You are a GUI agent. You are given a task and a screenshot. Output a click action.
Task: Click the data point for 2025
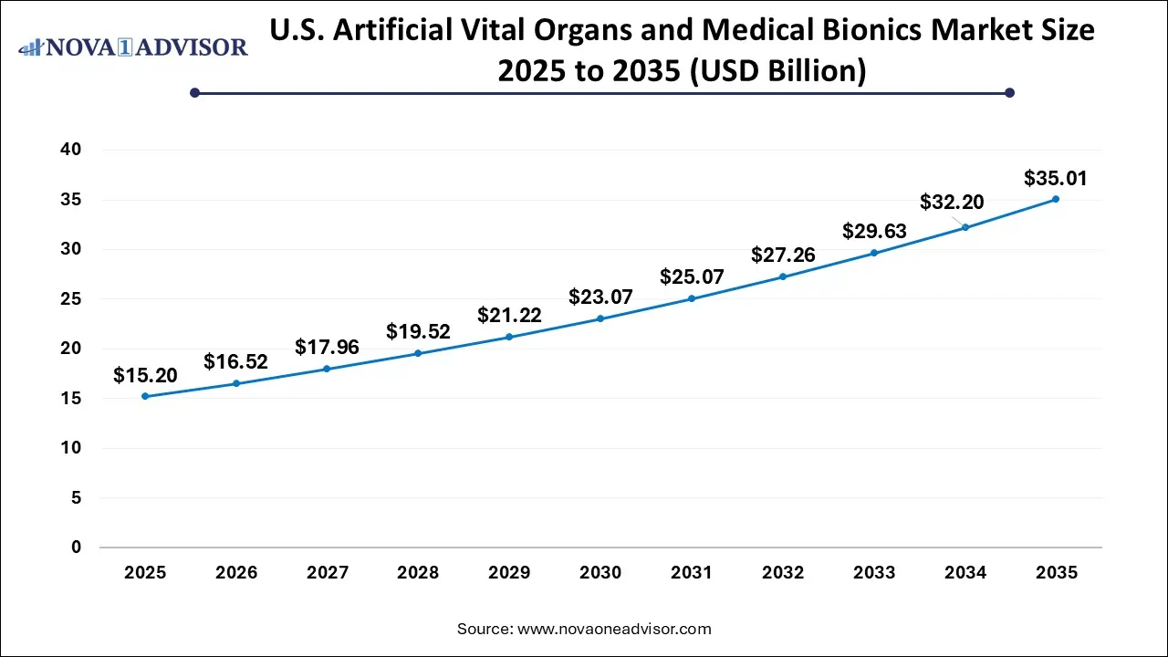coord(145,396)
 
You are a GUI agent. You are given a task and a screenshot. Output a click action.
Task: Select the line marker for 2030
coord(600,318)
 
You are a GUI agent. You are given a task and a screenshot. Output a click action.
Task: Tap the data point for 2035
coord(1056,199)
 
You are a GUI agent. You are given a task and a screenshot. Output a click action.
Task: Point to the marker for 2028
coord(418,353)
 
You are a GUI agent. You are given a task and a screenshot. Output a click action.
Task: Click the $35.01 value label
coord(1056,178)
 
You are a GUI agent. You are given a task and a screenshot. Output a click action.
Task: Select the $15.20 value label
coord(145,375)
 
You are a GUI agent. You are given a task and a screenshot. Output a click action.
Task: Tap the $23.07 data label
coord(600,297)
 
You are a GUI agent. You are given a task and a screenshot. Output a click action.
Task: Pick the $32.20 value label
coord(952,202)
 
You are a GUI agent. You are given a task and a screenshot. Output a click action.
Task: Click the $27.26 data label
coord(783,255)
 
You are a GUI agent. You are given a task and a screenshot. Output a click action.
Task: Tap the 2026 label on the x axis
coord(236,573)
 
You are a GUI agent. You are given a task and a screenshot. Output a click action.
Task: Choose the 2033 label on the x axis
coord(874,573)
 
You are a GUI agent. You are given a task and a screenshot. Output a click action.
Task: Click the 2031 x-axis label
coord(692,573)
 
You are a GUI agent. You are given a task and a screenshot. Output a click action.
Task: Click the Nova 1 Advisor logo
coord(133,47)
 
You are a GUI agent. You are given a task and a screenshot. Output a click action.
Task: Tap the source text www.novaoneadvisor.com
coord(614,629)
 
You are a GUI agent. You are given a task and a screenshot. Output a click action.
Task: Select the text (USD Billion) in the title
coord(780,70)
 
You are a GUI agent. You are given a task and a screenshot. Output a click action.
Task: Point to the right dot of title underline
coord(1009,92)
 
